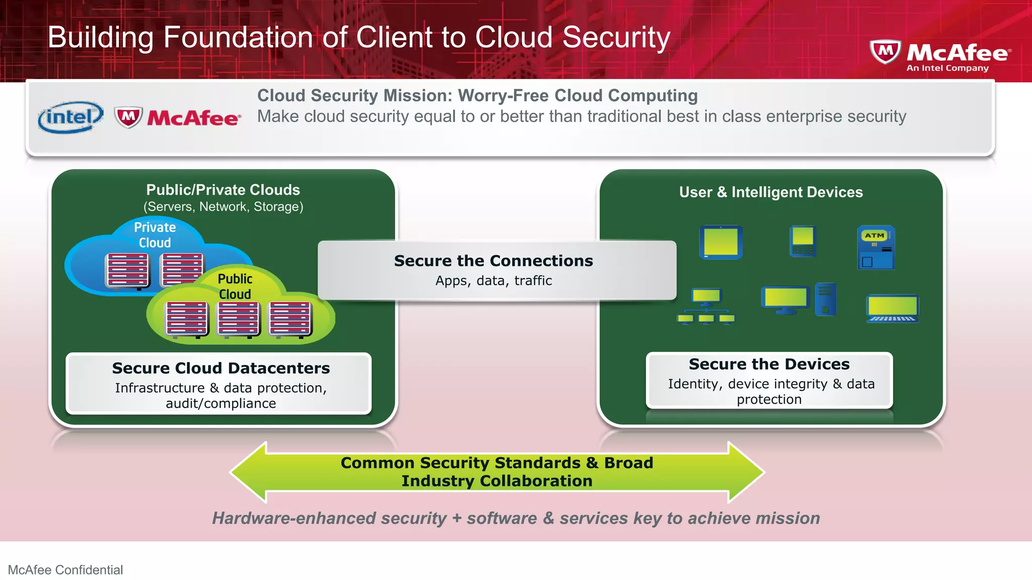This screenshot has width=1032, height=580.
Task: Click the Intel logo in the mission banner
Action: click(71, 118)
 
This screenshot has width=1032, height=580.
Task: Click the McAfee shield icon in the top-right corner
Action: click(885, 51)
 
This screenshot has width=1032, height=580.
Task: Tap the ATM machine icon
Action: click(876, 247)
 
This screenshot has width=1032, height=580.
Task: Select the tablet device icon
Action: click(721, 242)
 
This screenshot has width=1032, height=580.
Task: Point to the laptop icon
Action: click(892, 309)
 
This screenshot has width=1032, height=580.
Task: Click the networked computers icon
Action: click(705, 306)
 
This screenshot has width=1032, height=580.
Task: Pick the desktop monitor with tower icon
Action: click(799, 300)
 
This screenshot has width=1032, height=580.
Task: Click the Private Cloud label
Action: click(155, 235)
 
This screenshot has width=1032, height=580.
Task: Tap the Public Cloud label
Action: click(235, 286)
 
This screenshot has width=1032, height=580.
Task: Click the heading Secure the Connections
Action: click(493, 261)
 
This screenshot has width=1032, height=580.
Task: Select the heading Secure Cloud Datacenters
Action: click(221, 368)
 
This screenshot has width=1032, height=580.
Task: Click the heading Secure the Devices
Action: click(769, 364)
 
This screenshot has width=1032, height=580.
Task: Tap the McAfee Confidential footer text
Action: click(66, 569)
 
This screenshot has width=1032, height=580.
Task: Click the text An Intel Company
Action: click(947, 68)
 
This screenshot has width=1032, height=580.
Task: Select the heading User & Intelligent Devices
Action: click(770, 192)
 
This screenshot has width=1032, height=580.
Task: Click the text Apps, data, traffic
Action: click(493, 281)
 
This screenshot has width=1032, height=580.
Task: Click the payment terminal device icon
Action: click(802, 242)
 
